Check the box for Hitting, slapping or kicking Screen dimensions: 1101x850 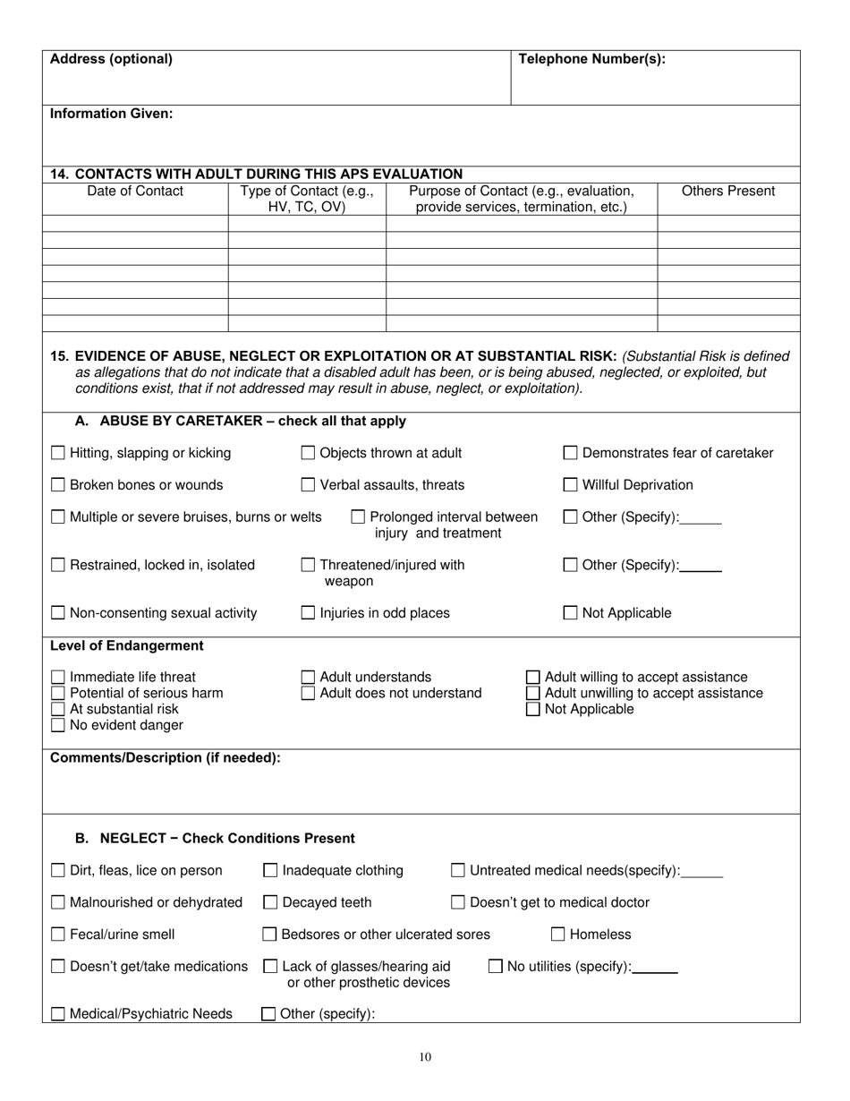(x=58, y=454)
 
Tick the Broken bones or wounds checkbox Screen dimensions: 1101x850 (x=58, y=486)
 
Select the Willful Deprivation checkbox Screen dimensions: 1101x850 (x=571, y=486)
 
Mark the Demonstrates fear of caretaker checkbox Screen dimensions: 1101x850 (x=571, y=454)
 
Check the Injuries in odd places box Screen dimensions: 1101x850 (x=308, y=614)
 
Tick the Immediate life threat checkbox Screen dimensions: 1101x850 (x=58, y=678)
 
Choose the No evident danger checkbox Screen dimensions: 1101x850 (x=58, y=726)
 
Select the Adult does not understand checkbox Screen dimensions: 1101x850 (x=308, y=694)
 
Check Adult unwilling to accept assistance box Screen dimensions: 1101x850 (x=533, y=694)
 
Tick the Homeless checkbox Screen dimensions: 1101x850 (x=558, y=935)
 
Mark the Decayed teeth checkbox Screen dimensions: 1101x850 (x=270, y=903)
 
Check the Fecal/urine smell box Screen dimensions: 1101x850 (x=58, y=935)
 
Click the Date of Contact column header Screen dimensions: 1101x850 (x=135, y=192)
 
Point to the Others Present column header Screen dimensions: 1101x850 (x=728, y=192)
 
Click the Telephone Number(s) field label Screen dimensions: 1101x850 (x=591, y=60)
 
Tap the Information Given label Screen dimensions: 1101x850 (x=112, y=115)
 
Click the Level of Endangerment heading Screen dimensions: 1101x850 (x=114, y=646)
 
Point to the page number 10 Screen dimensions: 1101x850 (x=425, y=1057)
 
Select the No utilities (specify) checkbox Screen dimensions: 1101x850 (x=496, y=967)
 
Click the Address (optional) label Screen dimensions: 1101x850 (x=111, y=60)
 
